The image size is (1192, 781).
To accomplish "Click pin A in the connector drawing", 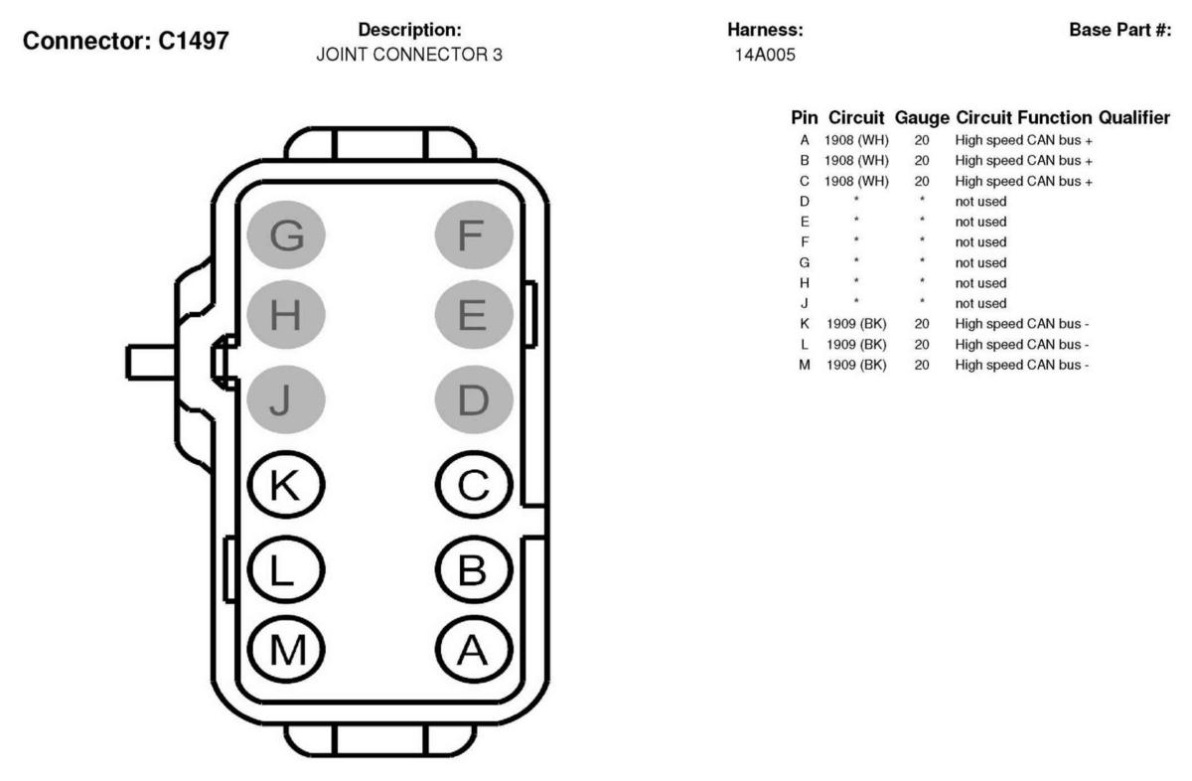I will click(474, 648).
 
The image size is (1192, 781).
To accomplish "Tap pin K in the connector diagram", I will click(286, 485).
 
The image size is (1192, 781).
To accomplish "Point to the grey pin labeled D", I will click(474, 400).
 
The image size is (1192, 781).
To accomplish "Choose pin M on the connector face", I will click(286, 648).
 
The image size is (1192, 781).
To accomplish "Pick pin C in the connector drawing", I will click(474, 485).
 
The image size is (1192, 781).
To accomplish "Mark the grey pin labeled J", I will click(286, 400).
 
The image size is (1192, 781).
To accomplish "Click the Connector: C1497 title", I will click(126, 43).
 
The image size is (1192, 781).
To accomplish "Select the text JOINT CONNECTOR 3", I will click(409, 56).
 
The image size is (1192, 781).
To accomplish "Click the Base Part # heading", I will click(1119, 31).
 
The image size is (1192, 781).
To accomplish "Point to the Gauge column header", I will click(921, 118).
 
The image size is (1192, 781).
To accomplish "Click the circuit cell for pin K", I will click(856, 324).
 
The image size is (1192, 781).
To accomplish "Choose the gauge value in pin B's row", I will click(922, 160).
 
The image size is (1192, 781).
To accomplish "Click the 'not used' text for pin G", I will click(980, 262).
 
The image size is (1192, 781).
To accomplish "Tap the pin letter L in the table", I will click(805, 344).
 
